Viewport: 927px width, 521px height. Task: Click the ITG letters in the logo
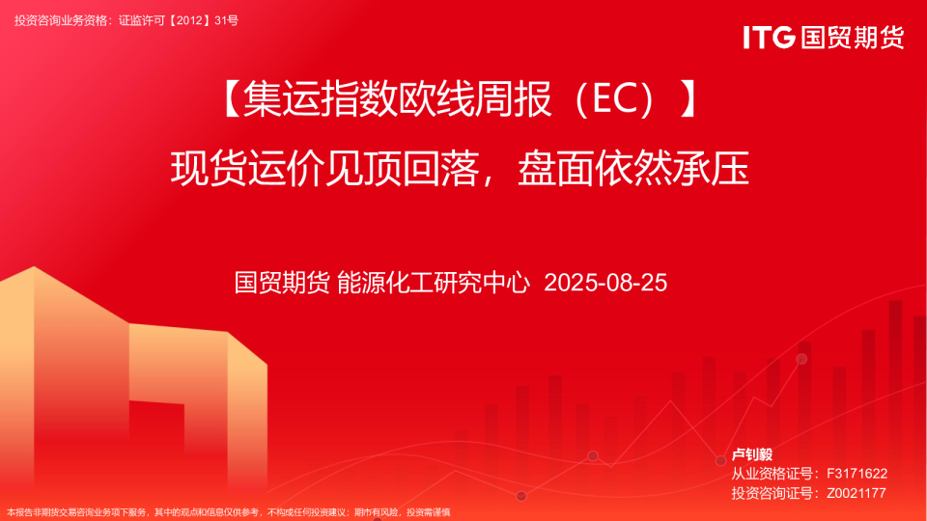click(769, 38)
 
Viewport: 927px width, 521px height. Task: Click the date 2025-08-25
click(605, 283)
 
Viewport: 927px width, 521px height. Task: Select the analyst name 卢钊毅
click(752, 454)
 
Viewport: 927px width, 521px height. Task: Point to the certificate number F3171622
click(857, 474)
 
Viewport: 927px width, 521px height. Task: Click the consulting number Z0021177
click(857, 493)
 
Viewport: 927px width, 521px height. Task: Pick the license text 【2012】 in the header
click(188, 20)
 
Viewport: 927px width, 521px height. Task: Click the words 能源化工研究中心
click(434, 283)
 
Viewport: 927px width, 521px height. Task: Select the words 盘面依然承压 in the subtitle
click(633, 168)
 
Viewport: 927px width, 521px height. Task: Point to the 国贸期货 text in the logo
click(853, 38)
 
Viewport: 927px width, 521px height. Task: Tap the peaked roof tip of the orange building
click(34, 267)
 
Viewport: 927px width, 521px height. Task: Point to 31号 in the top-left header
click(226, 20)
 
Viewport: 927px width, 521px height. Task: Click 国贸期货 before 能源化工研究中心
click(282, 283)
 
